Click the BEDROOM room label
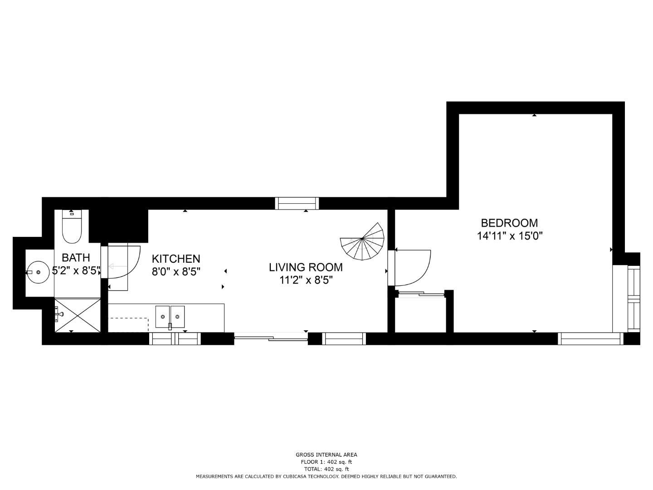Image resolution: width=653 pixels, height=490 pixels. click(509, 223)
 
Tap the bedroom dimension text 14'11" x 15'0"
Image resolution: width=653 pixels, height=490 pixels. click(510, 236)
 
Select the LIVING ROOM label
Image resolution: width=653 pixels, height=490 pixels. click(306, 267)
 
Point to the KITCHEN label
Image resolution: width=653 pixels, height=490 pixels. click(176, 259)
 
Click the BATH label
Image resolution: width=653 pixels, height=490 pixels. click(76, 257)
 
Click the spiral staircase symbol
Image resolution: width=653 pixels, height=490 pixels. click(362, 241)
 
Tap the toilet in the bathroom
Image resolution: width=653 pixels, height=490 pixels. click(72, 226)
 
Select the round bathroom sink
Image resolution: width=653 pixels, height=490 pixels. click(38, 272)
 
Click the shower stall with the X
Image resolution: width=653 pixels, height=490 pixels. click(78, 315)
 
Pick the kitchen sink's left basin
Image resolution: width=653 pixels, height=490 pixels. click(162, 317)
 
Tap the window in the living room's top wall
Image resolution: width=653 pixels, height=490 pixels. click(297, 203)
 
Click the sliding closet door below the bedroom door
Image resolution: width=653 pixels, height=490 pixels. click(421, 294)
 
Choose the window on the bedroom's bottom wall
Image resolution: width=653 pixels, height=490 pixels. click(590, 338)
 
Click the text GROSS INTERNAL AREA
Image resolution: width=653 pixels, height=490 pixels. click(326, 455)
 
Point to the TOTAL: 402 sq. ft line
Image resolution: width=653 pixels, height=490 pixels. click(326, 469)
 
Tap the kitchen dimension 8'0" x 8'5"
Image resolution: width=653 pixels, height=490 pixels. click(176, 271)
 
